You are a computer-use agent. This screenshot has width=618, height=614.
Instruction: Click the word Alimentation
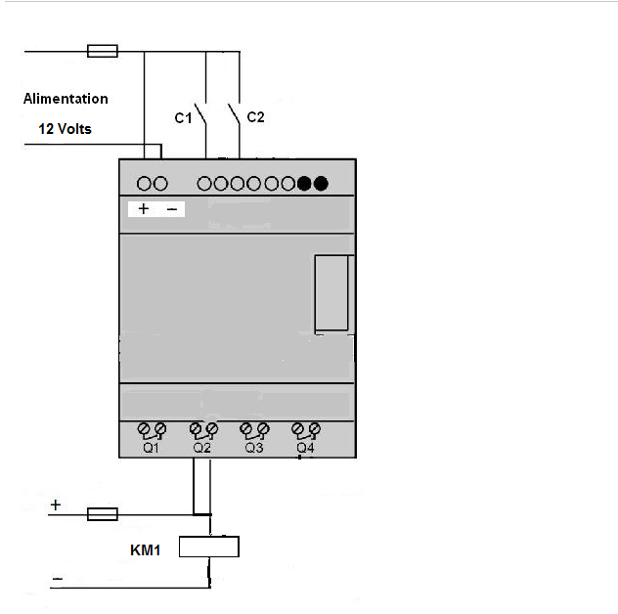(66, 99)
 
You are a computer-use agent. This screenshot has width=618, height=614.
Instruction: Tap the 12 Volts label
(66, 128)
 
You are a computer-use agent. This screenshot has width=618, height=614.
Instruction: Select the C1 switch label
(182, 118)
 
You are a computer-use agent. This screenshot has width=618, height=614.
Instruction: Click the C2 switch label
(255, 117)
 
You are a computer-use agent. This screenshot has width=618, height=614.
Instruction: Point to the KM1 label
(146, 550)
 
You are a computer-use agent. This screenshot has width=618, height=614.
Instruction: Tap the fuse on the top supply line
(103, 51)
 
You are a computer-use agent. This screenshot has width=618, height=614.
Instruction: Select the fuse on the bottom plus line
(103, 513)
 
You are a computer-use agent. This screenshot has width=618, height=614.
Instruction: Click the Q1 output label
(151, 448)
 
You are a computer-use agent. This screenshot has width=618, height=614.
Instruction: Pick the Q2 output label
(202, 448)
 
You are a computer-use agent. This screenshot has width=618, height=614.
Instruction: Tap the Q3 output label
(254, 448)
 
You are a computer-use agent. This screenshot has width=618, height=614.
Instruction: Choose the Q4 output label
(306, 448)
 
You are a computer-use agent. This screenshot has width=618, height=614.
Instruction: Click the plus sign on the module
(144, 208)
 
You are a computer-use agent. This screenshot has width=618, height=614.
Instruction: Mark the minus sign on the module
(170, 208)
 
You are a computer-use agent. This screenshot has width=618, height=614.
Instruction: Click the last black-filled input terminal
(321, 183)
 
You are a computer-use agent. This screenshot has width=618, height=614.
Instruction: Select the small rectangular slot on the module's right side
(332, 293)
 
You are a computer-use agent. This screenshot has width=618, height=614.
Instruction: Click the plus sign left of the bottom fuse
(56, 504)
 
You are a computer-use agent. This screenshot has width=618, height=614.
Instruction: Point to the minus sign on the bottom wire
(57, 580)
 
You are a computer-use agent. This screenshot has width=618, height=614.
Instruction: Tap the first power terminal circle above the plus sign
(144, 183)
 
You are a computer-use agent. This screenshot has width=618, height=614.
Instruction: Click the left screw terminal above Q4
(297, 428)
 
